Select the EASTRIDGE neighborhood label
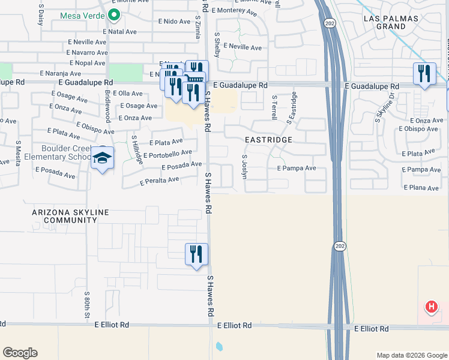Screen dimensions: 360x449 click(x=268, y=140)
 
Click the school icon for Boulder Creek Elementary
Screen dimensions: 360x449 click(x=103, y=159)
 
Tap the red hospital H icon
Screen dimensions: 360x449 click(x=431, y=308)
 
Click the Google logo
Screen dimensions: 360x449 click(x=20, y=353)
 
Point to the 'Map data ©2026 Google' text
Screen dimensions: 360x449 click(x=411, y=355)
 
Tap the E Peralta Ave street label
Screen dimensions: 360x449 click(x=160, y=180)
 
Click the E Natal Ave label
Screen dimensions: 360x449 click(x=120, y=31)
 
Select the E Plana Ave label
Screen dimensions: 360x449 click(x=423, y=188)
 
